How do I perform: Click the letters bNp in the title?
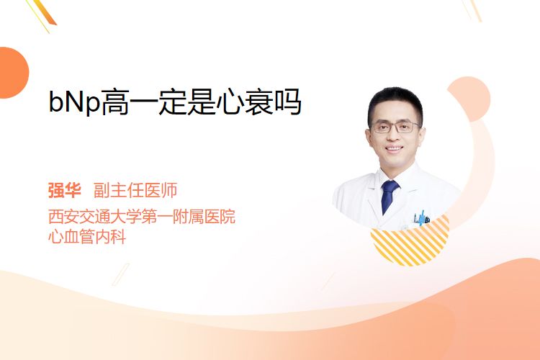[74, 102]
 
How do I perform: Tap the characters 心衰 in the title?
[244, 102]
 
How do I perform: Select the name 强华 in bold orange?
[64, 191]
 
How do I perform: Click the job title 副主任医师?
[135, 191]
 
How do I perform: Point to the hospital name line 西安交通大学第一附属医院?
[142, 216]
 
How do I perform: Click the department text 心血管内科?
[87, 237]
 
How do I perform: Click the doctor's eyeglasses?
[395, 127]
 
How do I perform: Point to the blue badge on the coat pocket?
[422, 217]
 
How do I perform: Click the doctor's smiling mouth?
[394, 148]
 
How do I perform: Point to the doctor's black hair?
[395, 102]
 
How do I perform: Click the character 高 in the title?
[114, 102]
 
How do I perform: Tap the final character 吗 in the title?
[287, 102]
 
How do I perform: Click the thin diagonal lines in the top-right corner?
[472, 10]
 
